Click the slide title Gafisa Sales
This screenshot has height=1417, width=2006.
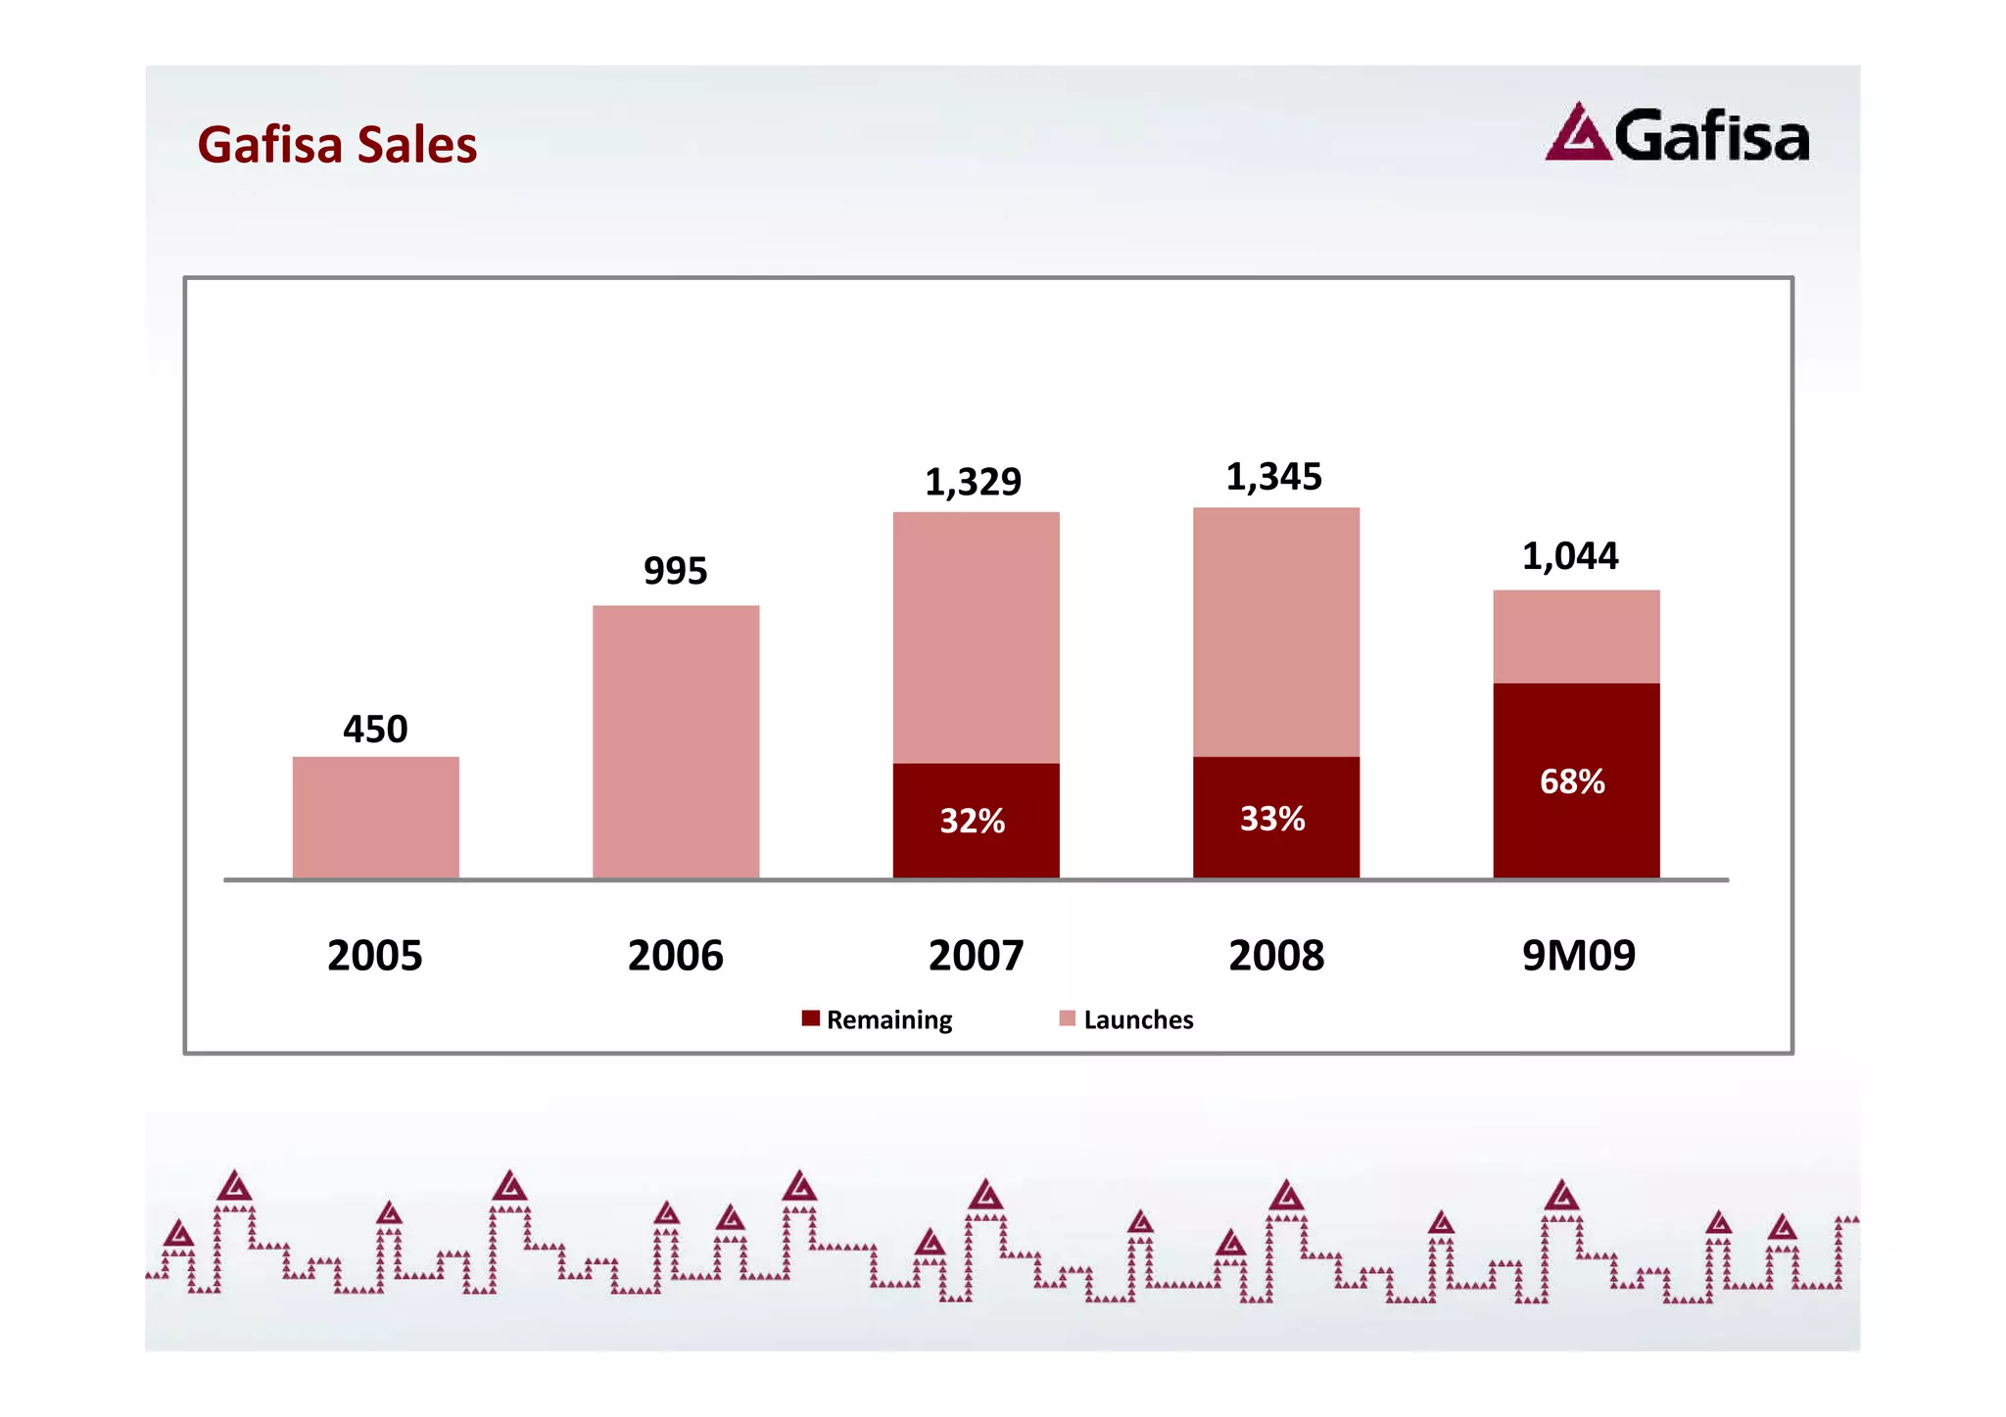(337, 145)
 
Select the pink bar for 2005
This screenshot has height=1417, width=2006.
(375, 817)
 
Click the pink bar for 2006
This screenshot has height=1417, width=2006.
(676, 741)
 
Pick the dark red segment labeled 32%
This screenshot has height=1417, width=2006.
(976, 821)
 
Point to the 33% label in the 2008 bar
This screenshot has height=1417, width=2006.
(1272, 819)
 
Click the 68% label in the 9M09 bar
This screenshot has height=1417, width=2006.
(1572, 781)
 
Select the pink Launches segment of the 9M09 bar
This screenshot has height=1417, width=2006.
(1576, 637)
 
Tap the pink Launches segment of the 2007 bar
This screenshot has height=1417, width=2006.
(976, 637)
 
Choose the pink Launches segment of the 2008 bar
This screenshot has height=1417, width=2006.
(1275, 632)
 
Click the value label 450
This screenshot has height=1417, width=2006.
(375, 730)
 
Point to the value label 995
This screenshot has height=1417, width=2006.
(675, 571)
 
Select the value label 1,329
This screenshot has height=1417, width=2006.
(973, 482)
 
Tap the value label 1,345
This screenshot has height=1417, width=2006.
(1273, 477)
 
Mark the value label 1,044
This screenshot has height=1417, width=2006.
(1570, 556)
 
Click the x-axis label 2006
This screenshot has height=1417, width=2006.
(675, 956)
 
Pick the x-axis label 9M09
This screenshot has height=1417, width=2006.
(1578, 956)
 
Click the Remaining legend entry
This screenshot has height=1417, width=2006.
(877, 1019)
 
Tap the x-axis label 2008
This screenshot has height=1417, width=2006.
(1276, 956)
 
